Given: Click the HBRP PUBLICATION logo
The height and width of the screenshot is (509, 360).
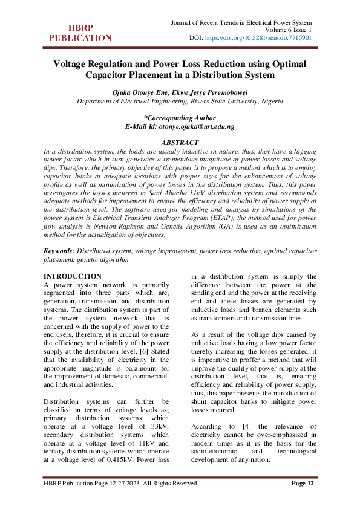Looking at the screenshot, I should coord(80,33).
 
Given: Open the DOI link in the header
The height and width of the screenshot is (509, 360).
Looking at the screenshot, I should coord(258,37).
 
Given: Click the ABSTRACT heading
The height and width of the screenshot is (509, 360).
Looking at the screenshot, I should coord(180,143).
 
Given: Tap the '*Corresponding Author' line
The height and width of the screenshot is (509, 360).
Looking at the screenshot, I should coord(180,118).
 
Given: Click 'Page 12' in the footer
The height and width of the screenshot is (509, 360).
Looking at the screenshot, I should coord(303,483).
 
